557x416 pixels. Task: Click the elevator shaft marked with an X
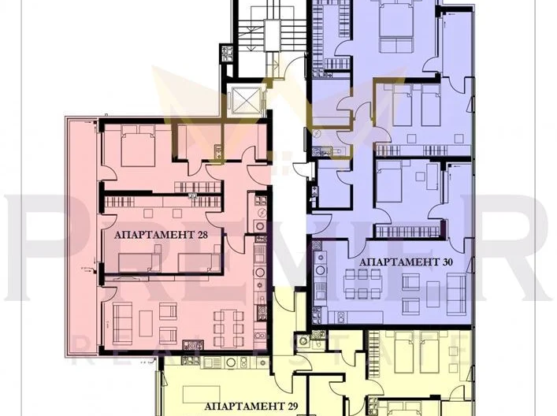coord(241,102)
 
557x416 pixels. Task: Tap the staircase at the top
coord(257,35)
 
